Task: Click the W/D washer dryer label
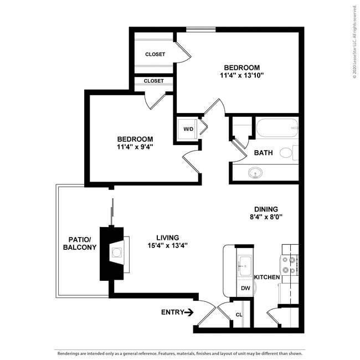pos(188,130)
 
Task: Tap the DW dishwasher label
pos(245,289)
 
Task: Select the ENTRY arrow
pos(189,312)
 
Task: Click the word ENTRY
pos(172,312)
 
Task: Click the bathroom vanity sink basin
pos(256,174)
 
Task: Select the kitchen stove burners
pos(289,264)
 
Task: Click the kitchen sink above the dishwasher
pos(244,266)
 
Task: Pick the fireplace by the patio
pos(116,253)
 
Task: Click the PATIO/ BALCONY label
pos(79,243)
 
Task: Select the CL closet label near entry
pos(239,315)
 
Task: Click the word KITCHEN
pos(267,277)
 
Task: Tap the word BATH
pos(263,153)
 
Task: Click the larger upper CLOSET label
pos(155,54)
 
